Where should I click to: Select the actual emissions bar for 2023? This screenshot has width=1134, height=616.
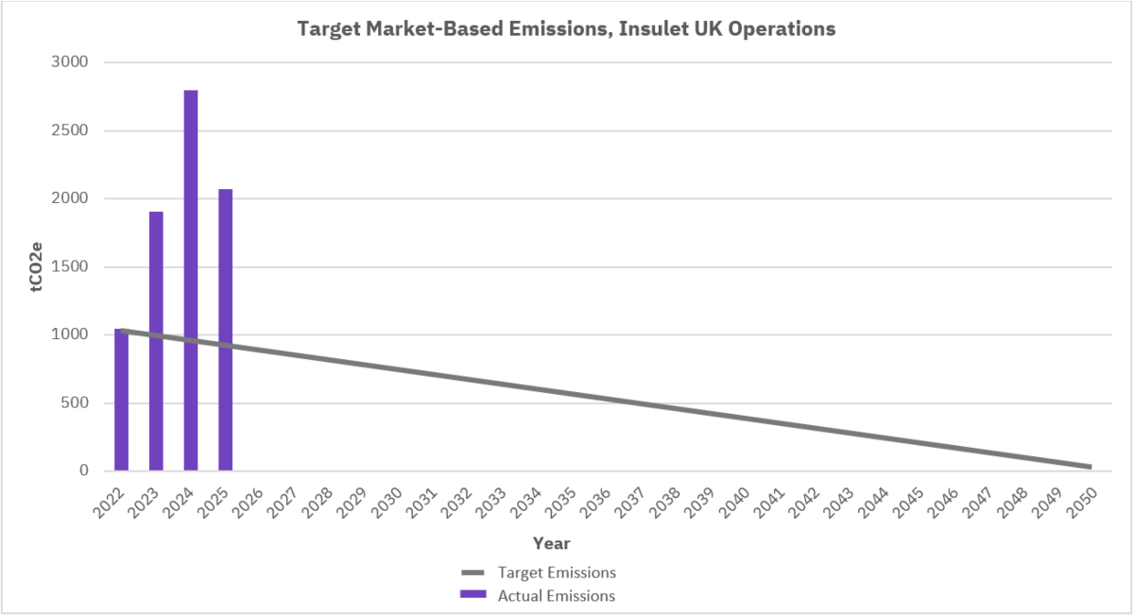(156, 341)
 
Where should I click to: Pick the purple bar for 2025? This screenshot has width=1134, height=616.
(225, 330)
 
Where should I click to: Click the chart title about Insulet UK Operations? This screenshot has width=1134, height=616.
(566, 29)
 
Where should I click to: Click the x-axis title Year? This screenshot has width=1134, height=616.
(551, 543)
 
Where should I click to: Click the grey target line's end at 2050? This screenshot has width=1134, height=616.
(1090, 467)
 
